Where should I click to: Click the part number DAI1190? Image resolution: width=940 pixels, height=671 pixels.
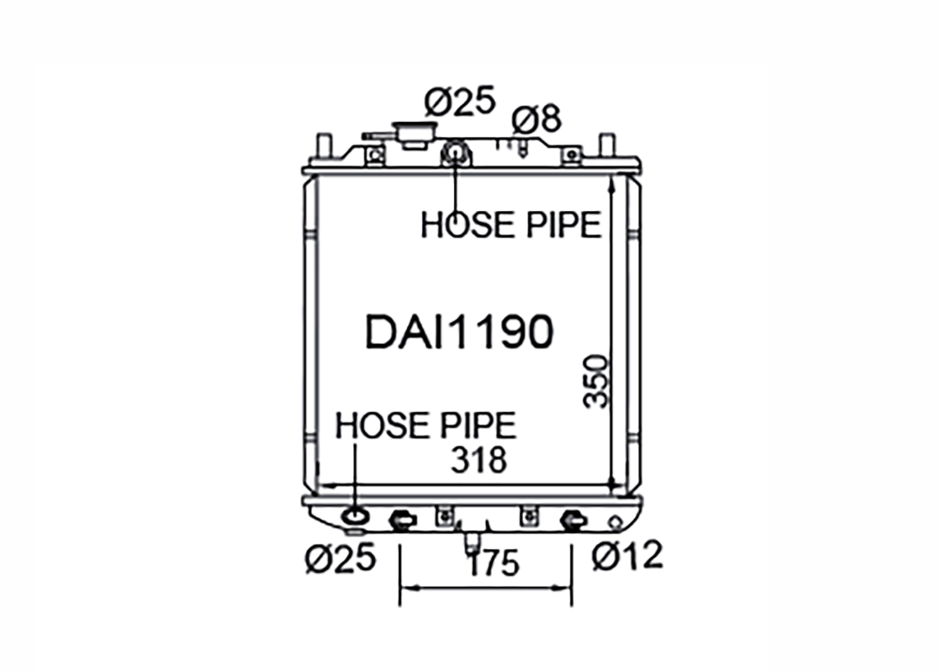(459, 332)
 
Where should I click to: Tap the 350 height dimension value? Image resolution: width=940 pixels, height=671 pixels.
(595, 381)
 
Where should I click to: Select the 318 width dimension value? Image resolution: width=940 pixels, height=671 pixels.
(479, 461)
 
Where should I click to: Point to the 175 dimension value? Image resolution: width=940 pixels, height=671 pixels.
(494, 563)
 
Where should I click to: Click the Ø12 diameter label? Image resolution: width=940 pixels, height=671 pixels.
(627, 556)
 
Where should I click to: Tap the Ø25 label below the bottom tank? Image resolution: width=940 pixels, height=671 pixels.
(340, 558)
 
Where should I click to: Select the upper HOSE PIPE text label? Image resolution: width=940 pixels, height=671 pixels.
(511, 225)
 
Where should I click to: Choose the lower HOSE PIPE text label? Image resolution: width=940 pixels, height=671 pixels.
(426, 425)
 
